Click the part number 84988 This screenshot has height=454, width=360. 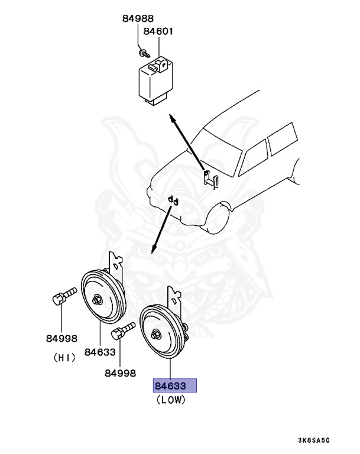coord(138,18)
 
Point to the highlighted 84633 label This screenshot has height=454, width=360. coord(174,386)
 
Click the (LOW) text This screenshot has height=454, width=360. coord(171,400)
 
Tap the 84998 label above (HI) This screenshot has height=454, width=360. coord(62,339)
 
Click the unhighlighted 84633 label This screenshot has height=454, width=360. coord(99,352)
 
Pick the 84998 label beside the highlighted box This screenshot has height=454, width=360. coord(120,373)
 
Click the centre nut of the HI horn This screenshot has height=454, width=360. coord(96,300)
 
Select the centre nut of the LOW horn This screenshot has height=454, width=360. coord(155,335)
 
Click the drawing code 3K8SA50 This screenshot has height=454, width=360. coord(314,440)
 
